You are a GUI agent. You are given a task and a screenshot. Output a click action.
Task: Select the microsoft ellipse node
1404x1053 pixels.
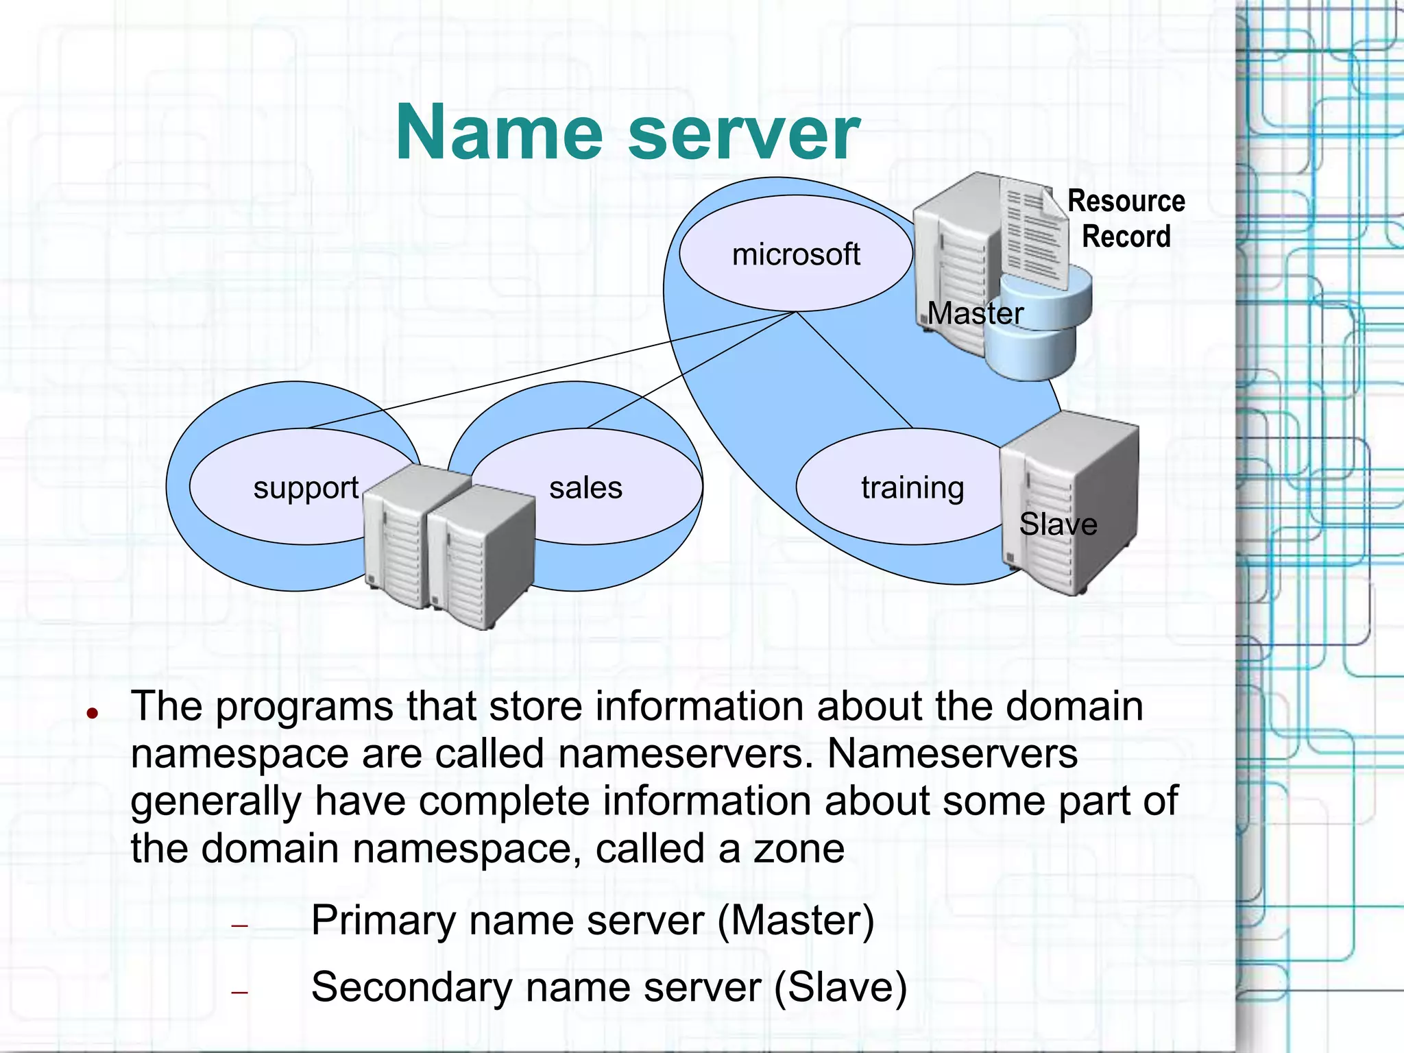[x=795, y=254]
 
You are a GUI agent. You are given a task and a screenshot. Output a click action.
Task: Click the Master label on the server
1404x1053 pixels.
[x=975, y=313]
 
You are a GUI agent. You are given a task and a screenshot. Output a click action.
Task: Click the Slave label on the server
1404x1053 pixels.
[x=1058, y=524]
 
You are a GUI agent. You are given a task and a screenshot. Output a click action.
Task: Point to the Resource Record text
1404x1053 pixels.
[x=1126, y=219]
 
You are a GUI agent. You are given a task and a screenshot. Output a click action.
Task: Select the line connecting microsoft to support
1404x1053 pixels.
[x=548, y=370]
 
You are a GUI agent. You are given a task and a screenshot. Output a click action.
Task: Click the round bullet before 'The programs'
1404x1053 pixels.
[x=93, y=714]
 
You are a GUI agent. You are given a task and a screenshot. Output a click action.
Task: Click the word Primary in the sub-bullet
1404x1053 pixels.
[x=383, y=920]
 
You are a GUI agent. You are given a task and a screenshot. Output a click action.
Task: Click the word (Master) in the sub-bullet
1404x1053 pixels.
[x=795, y=920]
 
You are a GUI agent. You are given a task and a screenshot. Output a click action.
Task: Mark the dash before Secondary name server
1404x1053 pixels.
[x=239, y=992]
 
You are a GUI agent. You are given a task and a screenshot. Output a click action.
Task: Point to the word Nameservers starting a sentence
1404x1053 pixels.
[x=952, y=754]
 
